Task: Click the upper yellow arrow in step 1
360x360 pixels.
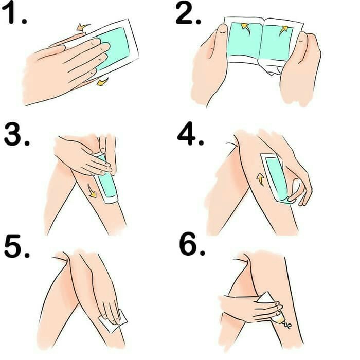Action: [x=81, y=26]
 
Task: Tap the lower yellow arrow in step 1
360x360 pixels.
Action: [x=102, y=81]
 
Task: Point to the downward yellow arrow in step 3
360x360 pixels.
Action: [x=92, y=191]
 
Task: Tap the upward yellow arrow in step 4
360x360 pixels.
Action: [x=260, y=179]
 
